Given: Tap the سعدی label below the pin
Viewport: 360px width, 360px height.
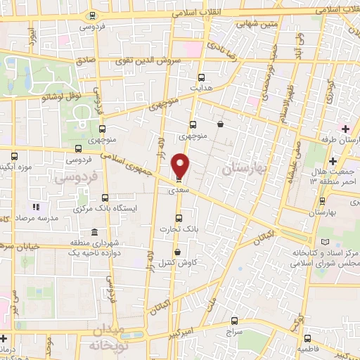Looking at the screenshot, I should coord(177,190).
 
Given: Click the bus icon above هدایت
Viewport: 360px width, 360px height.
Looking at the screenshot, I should coord(202,77).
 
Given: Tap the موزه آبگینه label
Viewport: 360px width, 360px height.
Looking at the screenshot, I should coord(18,168).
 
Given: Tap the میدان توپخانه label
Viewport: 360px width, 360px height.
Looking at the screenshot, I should coord(107,339).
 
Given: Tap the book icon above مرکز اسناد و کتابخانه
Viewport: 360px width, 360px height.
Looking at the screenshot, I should coord(324,241).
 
